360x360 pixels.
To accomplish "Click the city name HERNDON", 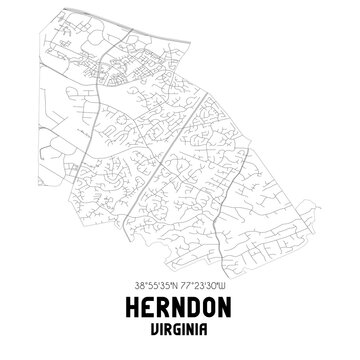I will [x=180, y=306].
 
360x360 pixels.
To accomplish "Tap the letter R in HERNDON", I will [x=161, y=306].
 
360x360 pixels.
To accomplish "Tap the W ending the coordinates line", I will [x=225, y=284].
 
